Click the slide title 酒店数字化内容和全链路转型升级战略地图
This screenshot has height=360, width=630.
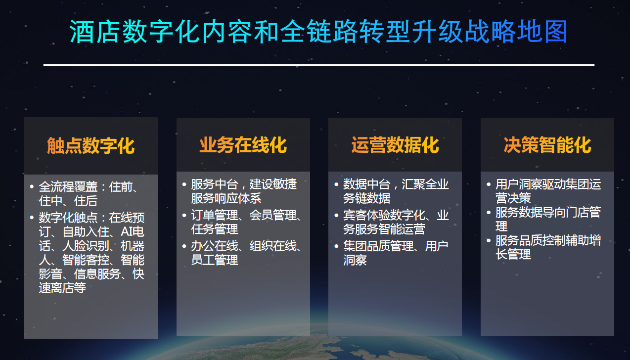point(318,32)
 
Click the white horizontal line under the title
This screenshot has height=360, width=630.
point(319,65)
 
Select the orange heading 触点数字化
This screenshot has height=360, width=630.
point(91,146)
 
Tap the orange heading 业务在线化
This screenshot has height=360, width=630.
point(243,145)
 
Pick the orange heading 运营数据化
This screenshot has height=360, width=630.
point(395,145)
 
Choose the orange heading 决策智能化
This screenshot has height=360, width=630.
point(547,145)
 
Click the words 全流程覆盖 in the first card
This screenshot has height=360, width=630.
point(68,187)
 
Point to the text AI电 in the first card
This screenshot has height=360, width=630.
point(133,232)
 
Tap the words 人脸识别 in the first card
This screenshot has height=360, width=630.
point(86,246)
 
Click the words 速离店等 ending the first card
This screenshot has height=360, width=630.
point(62,288)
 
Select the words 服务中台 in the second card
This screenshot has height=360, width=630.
point(215,184)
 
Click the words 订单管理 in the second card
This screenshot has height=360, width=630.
point(215,216)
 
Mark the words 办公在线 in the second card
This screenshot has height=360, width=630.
point(215,246)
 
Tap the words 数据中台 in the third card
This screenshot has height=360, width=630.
point(367,184)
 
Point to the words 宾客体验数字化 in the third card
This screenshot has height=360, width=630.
point(384,216)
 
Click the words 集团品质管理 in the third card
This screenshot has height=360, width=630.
point(378,246)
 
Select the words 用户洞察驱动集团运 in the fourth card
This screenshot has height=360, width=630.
point(548,184)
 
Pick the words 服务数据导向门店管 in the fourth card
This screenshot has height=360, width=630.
point(548,212)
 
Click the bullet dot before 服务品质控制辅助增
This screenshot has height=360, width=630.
point(489,240)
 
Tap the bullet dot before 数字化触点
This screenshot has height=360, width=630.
point(32,218)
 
